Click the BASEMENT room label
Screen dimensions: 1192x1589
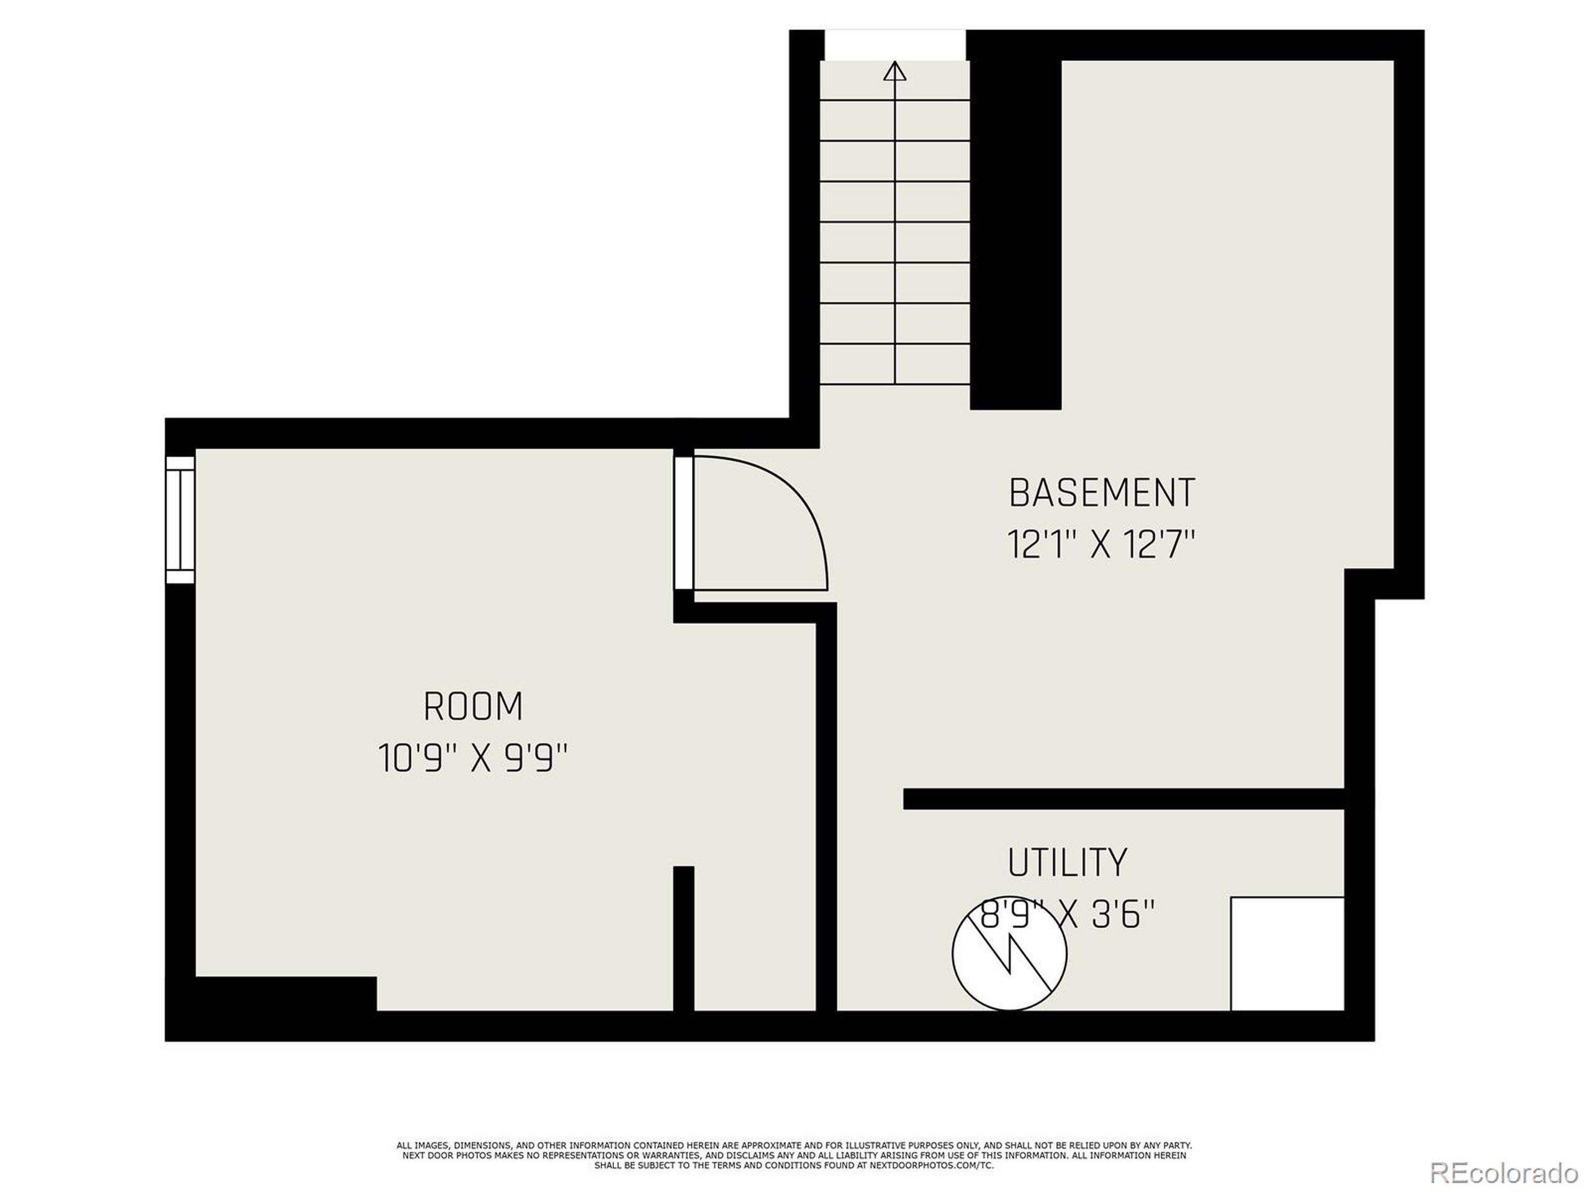pyautogui.click(x=1101, y=493)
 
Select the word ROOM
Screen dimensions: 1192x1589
pyautogui.click(x=473, y=707)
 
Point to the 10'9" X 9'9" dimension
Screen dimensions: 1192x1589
pyautogui.click(x=473, y=759)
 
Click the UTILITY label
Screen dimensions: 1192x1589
pyautogui.click(x=1067, y=863)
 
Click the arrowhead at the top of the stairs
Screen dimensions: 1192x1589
pyautogui.click(x=894, y=71)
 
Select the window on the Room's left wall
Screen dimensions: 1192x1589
pyautogui.click(x=180, y=520)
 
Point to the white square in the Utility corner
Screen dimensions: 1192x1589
pyautogui.click(x=1287, y=954)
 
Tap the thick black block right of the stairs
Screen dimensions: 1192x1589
pyautogui.click(x=1015, y=230)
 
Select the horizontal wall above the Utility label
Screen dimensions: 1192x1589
pyautogui.click(x=1123, y=799)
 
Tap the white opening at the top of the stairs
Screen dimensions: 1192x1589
pyautogui.click(x=894, y=45)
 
